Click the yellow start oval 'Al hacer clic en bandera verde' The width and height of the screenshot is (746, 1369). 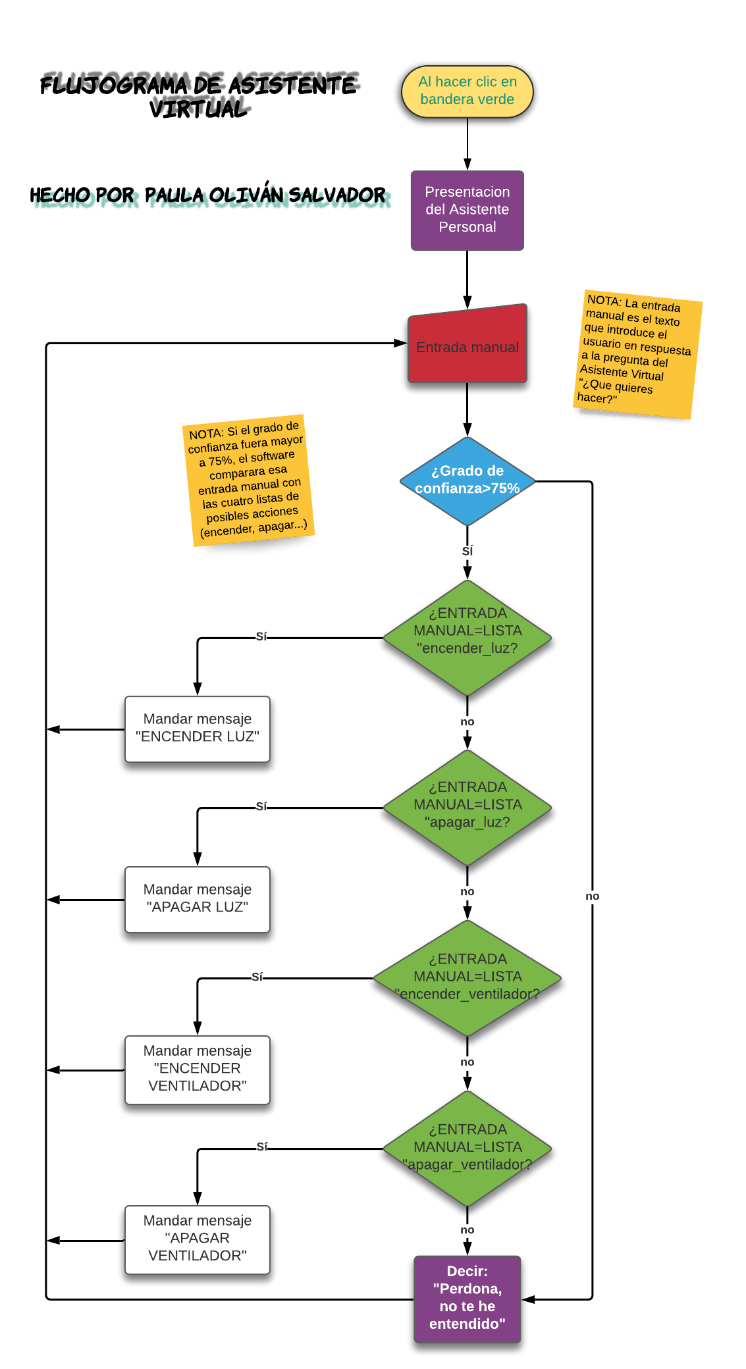pos(467,91)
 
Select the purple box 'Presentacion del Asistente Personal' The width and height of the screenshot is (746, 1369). pos(467,210)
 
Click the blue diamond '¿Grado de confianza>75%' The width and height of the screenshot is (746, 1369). pos(467,480)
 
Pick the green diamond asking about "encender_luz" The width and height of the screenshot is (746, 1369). pos(467,636)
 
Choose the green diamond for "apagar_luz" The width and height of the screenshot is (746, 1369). pos(467,807)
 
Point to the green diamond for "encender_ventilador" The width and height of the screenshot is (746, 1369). pos(467,977)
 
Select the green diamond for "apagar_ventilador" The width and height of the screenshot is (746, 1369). pos(467,1148)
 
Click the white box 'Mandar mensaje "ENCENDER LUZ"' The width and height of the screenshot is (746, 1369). pos(197,729)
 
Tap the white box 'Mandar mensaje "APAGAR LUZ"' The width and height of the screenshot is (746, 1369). pos(197,899)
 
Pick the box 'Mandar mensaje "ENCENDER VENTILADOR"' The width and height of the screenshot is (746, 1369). pos(197,1069)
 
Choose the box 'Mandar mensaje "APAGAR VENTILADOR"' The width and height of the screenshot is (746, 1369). pos(197,1239)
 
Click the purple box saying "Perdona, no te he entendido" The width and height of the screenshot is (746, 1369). pos(467,1298)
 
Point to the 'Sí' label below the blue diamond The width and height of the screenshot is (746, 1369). pos(467,552)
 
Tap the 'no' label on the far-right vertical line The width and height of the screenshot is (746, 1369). pos(592,896)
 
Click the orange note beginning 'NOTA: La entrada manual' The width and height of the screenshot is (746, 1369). pos(637,353)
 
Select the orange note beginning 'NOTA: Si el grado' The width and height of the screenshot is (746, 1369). pos(248,480)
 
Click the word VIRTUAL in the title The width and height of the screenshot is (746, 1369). pos(198,109)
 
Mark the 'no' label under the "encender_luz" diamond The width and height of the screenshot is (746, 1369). pos(467,722)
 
